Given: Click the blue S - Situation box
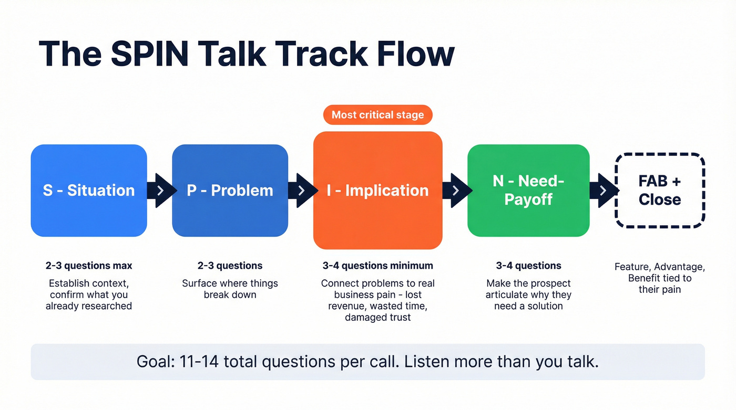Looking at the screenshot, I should [x=88, y=190].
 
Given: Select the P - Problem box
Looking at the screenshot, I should [x=230, y=190].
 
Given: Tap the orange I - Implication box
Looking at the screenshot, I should [x=377, y=190].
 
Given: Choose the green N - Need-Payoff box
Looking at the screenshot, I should [x=528, y=190].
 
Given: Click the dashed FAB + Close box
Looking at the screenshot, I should [x=659, y=190].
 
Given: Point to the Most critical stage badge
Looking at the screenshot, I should [x=377, y=114].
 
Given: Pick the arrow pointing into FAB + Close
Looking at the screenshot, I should [x=603, y=190].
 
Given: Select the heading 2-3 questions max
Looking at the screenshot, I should [x=89, y=266].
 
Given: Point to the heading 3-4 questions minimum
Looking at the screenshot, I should [x=377, y=266].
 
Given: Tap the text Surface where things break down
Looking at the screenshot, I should [x=230, y=289].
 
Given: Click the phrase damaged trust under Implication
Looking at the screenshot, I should [x=377, y=318].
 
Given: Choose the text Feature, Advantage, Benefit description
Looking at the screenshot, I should [x=659, y=278].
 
